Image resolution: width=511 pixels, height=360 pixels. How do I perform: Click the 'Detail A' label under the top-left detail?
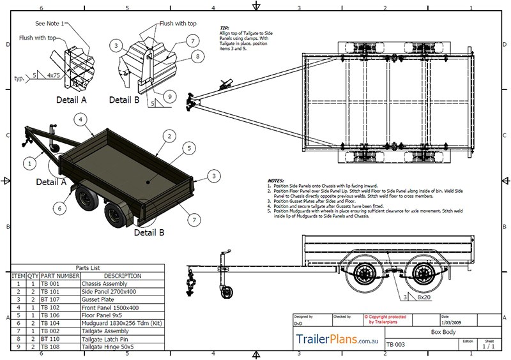(70, 100)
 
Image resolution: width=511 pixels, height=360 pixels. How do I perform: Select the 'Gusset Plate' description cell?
(98, 299)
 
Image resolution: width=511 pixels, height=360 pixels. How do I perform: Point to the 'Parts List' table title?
(87, 267)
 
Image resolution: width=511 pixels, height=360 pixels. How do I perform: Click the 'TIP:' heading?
(224, 29)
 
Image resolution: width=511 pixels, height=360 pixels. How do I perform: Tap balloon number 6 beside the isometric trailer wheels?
(59, 207)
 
